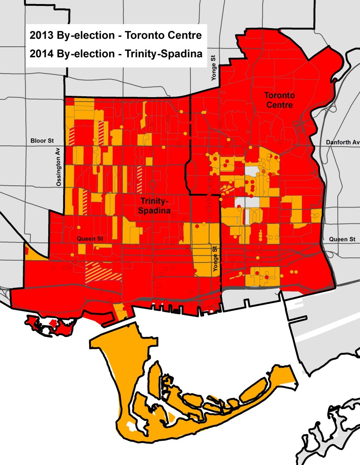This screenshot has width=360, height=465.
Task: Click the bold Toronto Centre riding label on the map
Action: [279, 100]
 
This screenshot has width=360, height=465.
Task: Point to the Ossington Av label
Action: [58, 168]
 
